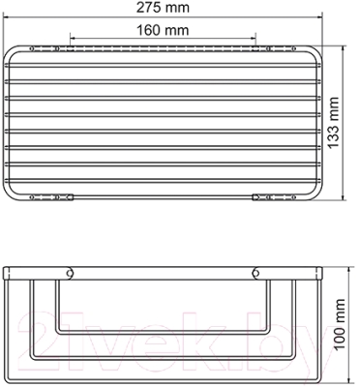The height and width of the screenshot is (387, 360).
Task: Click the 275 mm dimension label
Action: (x=163, y=8)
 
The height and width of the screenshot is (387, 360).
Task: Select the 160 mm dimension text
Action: (x=163, y=30)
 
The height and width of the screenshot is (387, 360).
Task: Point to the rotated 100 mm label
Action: (x=339, y=324)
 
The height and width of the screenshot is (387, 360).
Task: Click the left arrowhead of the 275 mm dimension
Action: (x=6, y=15)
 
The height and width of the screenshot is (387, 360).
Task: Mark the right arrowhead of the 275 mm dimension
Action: (x=319, y=17)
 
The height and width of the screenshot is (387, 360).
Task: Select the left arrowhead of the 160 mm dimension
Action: (x=74, y=38)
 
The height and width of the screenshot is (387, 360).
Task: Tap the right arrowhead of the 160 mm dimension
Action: (x=253, y=38)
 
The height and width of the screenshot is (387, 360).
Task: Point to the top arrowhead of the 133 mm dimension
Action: (x=343, y=48)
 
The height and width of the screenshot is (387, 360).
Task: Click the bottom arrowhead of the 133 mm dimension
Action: (x=343, y=197)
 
